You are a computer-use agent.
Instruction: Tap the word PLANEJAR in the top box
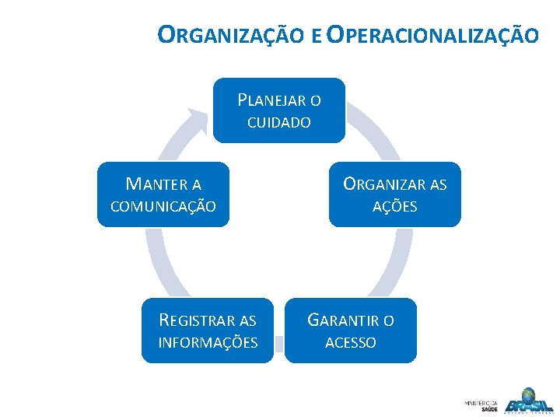tap(271, 100)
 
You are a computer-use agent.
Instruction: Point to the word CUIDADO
tap(278, 123)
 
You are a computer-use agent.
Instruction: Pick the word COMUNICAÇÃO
tap(163, 207)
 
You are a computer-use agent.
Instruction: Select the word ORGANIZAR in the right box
tap(386, 184)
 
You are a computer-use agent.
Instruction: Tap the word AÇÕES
tap(394, 207)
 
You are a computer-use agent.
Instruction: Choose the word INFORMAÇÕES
tap(208, 343)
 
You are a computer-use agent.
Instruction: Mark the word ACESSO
tap(350, 343)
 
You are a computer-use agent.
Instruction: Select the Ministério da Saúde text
tap(481, 405)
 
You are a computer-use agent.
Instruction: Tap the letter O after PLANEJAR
tap(315, 100)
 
